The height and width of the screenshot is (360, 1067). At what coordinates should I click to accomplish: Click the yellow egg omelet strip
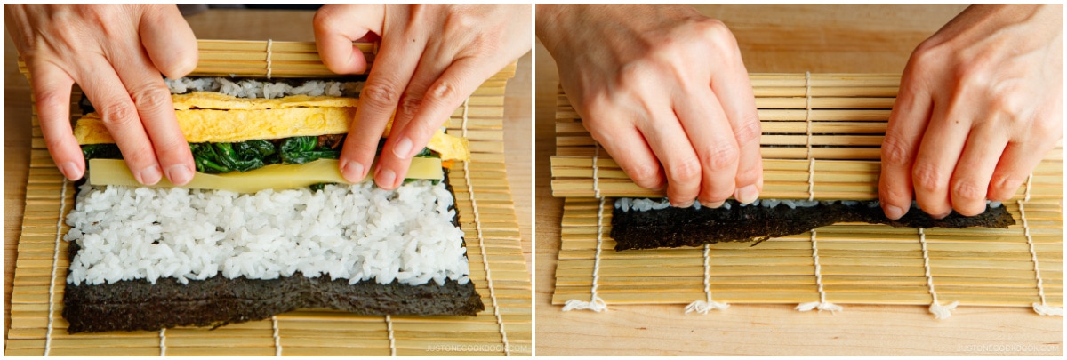tap(267, 123)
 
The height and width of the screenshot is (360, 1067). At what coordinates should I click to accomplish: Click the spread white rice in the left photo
tap(267, 231)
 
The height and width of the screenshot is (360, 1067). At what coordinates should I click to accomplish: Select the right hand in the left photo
tap(418, 80)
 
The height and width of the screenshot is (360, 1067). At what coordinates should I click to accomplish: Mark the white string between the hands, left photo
tap(269, 58)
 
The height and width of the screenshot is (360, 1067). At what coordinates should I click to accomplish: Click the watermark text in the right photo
tap(1009, 348)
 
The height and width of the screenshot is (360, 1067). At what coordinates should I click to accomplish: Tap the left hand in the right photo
tap(676, 98)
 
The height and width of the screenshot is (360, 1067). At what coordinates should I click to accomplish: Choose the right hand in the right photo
tap(969, 116)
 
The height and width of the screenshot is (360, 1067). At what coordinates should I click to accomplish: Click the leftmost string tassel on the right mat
tap(585, 305)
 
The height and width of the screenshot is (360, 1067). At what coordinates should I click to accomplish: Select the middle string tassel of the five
tap(819, 307)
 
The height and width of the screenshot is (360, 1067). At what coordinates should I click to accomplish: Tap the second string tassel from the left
tap(707, 307)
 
